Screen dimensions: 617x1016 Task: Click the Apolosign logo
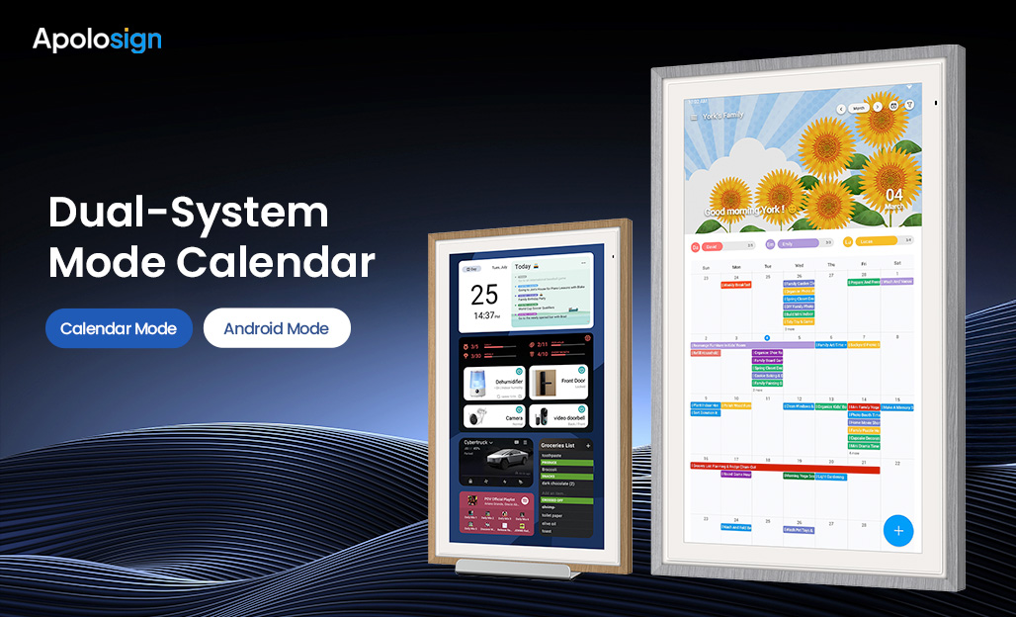(x=97, y=40)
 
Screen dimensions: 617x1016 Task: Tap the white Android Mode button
(x=277, y=328)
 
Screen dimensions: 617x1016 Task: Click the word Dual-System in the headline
(x=188, y=214)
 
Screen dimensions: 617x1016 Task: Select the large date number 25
(x=484, y=294)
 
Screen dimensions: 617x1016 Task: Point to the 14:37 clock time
(x=484, y=316)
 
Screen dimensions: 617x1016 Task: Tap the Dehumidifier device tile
(x=493, y=384)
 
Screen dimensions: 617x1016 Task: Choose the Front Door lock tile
(x=558, y=384)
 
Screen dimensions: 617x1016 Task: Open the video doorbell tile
(x=558, y=416)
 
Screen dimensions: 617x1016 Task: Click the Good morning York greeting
(x=743, y=211)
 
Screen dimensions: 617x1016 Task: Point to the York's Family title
(x=723, y=116)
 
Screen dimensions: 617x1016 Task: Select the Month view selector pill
(x=859, y=107)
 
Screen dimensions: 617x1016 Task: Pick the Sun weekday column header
(x=706, y=266)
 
